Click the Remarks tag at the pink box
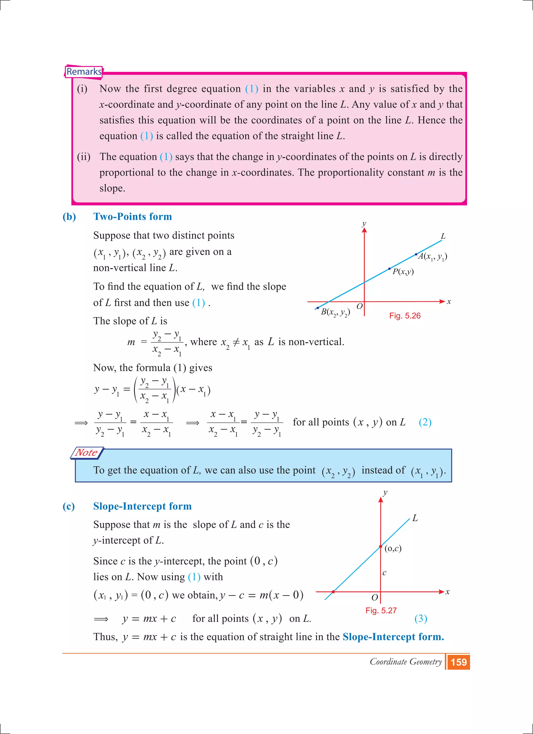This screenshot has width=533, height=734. pos(84,72)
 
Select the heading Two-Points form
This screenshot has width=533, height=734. pos(132,216)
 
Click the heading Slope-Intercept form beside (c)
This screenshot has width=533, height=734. pos(142,506)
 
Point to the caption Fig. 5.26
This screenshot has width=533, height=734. pos(404,316)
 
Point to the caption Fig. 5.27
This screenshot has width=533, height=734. pos(381,610)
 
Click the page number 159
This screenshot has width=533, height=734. pos(459,662)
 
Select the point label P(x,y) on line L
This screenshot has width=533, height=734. pos(403,272)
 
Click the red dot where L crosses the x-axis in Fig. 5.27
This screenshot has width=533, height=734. pos(333,592)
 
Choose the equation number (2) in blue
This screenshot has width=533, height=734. pos(425,422)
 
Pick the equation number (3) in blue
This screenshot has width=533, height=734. pos(421,619)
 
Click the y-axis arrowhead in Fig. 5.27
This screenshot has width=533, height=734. pos(380,500)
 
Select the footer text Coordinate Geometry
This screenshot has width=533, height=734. pos(405,662)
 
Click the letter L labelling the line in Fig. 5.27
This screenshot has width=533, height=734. pos(415,518)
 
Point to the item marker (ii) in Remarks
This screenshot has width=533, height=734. pos(84,157)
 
